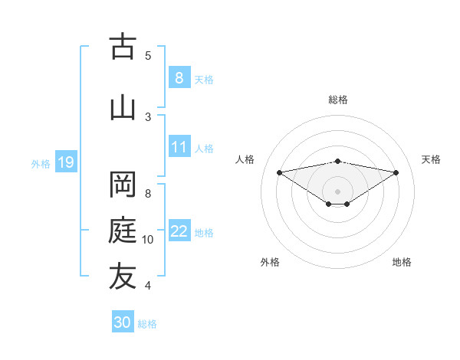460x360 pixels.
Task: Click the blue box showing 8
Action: tap(179, 77)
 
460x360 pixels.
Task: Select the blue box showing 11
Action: tap(179, 147)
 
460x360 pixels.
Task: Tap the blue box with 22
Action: tap(179, 231)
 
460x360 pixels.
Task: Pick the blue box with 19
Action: tap(65, 162)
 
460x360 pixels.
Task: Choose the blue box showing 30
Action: tap(123, 322)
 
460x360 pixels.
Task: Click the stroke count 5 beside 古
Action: tap(148, 55)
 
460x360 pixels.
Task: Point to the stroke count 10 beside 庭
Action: tap(148, 240)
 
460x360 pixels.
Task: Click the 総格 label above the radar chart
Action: tap(338, 100)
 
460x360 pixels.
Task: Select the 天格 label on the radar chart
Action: tap(431, 159)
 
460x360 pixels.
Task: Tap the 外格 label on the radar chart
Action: tap(270, 262)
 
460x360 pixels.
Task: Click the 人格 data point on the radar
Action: tap(279, 172)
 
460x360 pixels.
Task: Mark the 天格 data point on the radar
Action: tap(396, 172)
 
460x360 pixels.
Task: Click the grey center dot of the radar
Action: tap(337, 191)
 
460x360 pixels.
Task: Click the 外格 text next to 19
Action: tap(41, 163)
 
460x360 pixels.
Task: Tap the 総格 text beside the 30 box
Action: tap(147, 324)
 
